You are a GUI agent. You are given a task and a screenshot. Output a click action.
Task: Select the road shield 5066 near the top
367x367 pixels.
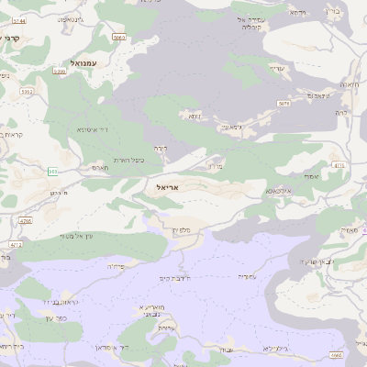point(118,37)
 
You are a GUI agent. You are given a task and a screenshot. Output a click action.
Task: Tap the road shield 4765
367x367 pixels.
point(26,221)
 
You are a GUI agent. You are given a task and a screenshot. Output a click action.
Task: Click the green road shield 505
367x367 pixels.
point(53,171)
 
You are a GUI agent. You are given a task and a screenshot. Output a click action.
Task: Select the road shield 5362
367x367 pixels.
point(27,92)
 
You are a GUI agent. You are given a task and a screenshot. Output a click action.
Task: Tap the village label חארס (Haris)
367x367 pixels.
point(101,168)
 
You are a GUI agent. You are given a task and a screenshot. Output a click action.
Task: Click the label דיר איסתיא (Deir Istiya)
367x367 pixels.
point(93,130)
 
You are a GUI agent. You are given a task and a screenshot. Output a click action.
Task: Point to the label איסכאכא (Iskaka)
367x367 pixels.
point(280,190)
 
